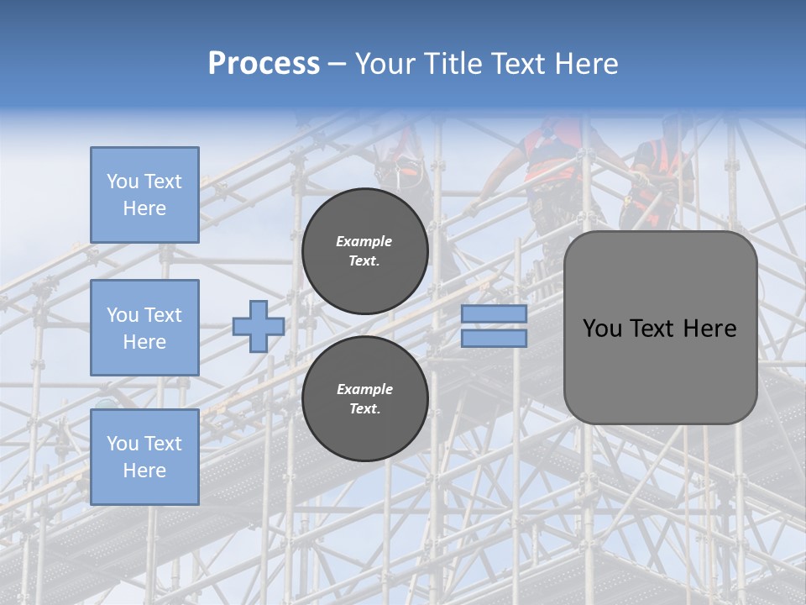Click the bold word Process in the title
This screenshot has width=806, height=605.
[264, 64]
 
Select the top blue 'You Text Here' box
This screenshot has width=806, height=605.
[144, 195]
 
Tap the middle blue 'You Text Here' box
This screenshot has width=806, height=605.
[144, 328]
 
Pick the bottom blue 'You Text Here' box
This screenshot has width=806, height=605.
[144, 456]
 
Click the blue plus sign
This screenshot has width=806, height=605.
[258, 326]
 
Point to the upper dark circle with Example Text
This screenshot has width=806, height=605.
[364, 251]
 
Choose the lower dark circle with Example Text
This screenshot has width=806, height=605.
[364, 399]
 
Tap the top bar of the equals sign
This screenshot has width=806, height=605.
[495, 314]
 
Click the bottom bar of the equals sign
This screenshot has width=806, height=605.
[495, 338]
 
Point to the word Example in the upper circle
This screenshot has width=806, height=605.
[364, 241]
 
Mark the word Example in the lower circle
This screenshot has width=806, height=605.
[364, 389]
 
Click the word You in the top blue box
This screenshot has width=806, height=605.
[122, 181]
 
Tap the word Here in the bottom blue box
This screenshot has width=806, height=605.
[144, 471]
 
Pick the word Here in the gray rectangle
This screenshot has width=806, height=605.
[709, 329]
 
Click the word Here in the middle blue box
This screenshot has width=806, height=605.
[144, 342]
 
